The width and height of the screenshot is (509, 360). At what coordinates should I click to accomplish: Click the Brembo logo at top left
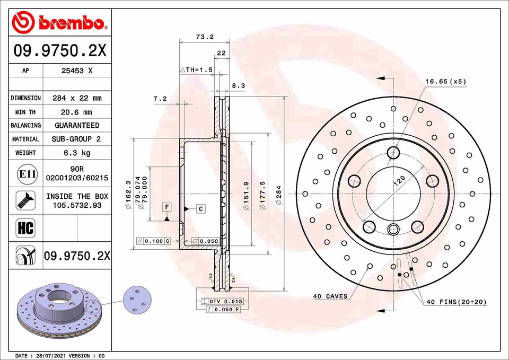[59, 22]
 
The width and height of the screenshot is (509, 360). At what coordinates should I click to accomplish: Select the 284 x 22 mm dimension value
[77, 98]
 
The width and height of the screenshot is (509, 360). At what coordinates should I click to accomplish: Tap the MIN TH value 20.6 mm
[77, 112]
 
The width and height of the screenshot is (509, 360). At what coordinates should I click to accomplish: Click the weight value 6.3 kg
[77, 153]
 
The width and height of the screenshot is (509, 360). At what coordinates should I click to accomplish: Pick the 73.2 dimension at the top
[205, 37]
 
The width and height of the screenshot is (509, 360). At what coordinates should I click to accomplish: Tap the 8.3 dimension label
[239, 85]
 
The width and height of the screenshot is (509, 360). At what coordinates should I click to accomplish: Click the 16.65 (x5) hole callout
[445, 82]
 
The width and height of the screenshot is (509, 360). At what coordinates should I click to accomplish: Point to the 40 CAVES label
[330, 296]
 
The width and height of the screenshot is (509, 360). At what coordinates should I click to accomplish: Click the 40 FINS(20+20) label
[457, 302]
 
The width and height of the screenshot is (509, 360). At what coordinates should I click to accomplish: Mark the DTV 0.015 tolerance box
[218, 301]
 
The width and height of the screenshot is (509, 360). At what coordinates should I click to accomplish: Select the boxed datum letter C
[201, 208]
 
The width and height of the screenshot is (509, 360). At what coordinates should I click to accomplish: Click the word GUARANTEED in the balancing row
[77, 126]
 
